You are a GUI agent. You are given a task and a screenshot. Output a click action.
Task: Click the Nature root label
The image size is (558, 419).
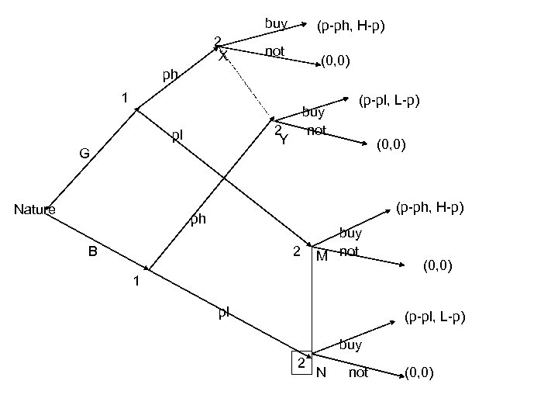point(35,209)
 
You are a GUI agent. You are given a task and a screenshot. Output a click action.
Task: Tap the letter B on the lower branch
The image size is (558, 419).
point(92,251)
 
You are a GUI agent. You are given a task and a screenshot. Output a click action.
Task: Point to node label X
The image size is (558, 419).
point(223,57)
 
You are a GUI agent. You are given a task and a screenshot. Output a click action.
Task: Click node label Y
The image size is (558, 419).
point(284,140)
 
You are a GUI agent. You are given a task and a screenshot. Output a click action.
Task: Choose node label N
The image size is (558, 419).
point(322,373)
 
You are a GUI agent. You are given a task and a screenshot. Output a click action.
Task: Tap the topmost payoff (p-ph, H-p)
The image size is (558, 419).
point(351,27)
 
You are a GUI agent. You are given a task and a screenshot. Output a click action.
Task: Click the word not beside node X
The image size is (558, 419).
point(274,51)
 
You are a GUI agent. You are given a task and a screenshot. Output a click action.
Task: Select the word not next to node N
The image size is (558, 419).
point(359,373)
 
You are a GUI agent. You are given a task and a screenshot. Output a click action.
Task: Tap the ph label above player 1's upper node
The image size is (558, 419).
point(170,76)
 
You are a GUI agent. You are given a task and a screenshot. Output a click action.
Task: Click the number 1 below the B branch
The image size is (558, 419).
point(136,282)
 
